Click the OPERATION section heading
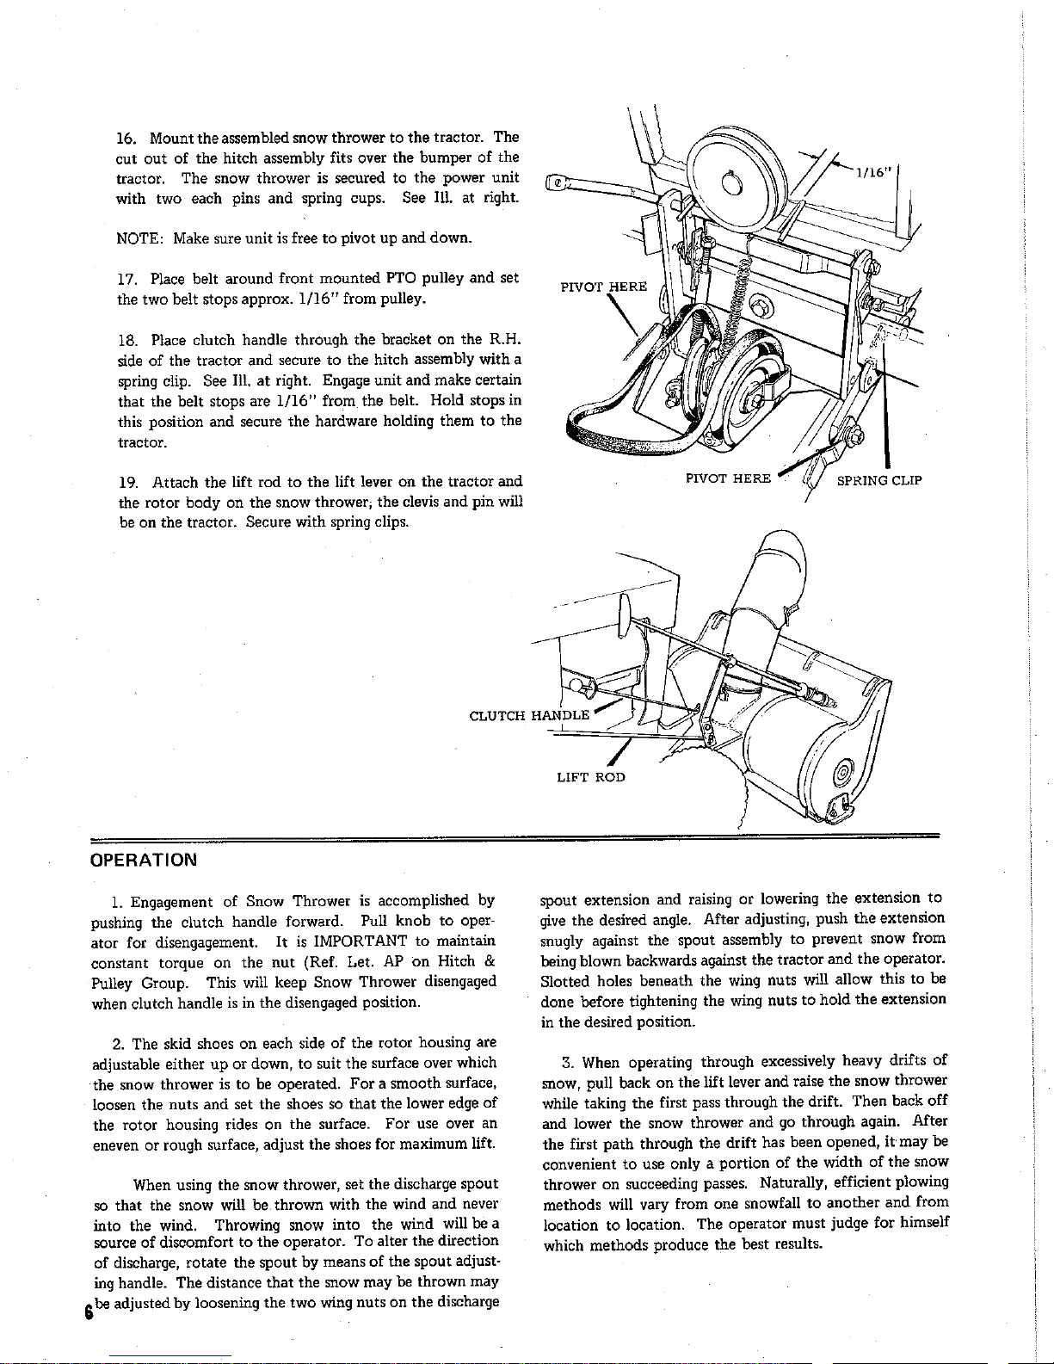pyautogui.click(x=145, y=860)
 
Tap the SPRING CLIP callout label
pyautogui.click(x=879, y=480)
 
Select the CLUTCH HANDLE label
pyautogui.click(x=528, y=714)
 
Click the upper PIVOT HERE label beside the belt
pyautogui.click(x=602, y=287)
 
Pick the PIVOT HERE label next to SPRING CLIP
pyautogui.click(x=728, y=479)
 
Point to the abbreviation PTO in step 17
pyautogui.click(x=403, y=279)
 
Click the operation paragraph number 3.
pyautogui.click(x=566, y=1061)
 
